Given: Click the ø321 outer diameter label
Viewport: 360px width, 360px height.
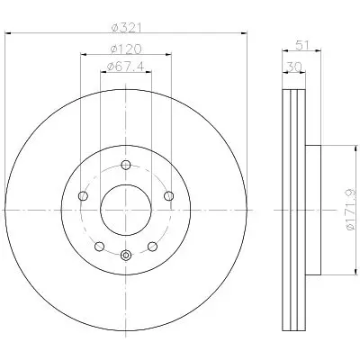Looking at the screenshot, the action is click(x=126, y=28).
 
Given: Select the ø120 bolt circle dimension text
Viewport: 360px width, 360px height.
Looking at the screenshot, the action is click(x=126, y=49).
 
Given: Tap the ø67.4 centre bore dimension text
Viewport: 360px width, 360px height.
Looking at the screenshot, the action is click(x=126, y=67).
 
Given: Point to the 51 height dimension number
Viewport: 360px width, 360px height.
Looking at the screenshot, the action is click(x=302, y=46).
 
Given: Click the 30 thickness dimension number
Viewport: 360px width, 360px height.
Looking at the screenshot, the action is click(x=294, y=67).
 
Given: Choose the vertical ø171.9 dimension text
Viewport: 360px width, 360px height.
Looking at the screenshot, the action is click(x=350, y=210).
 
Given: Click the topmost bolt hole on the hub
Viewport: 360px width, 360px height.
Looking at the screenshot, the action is click(x=126, y=165).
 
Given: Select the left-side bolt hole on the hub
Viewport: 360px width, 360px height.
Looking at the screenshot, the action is click(x=83, y=196).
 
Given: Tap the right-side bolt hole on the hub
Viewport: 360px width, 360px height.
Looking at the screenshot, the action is click(x=169, y=196).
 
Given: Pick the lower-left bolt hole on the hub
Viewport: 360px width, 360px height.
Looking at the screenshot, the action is click(x=99, y=247).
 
